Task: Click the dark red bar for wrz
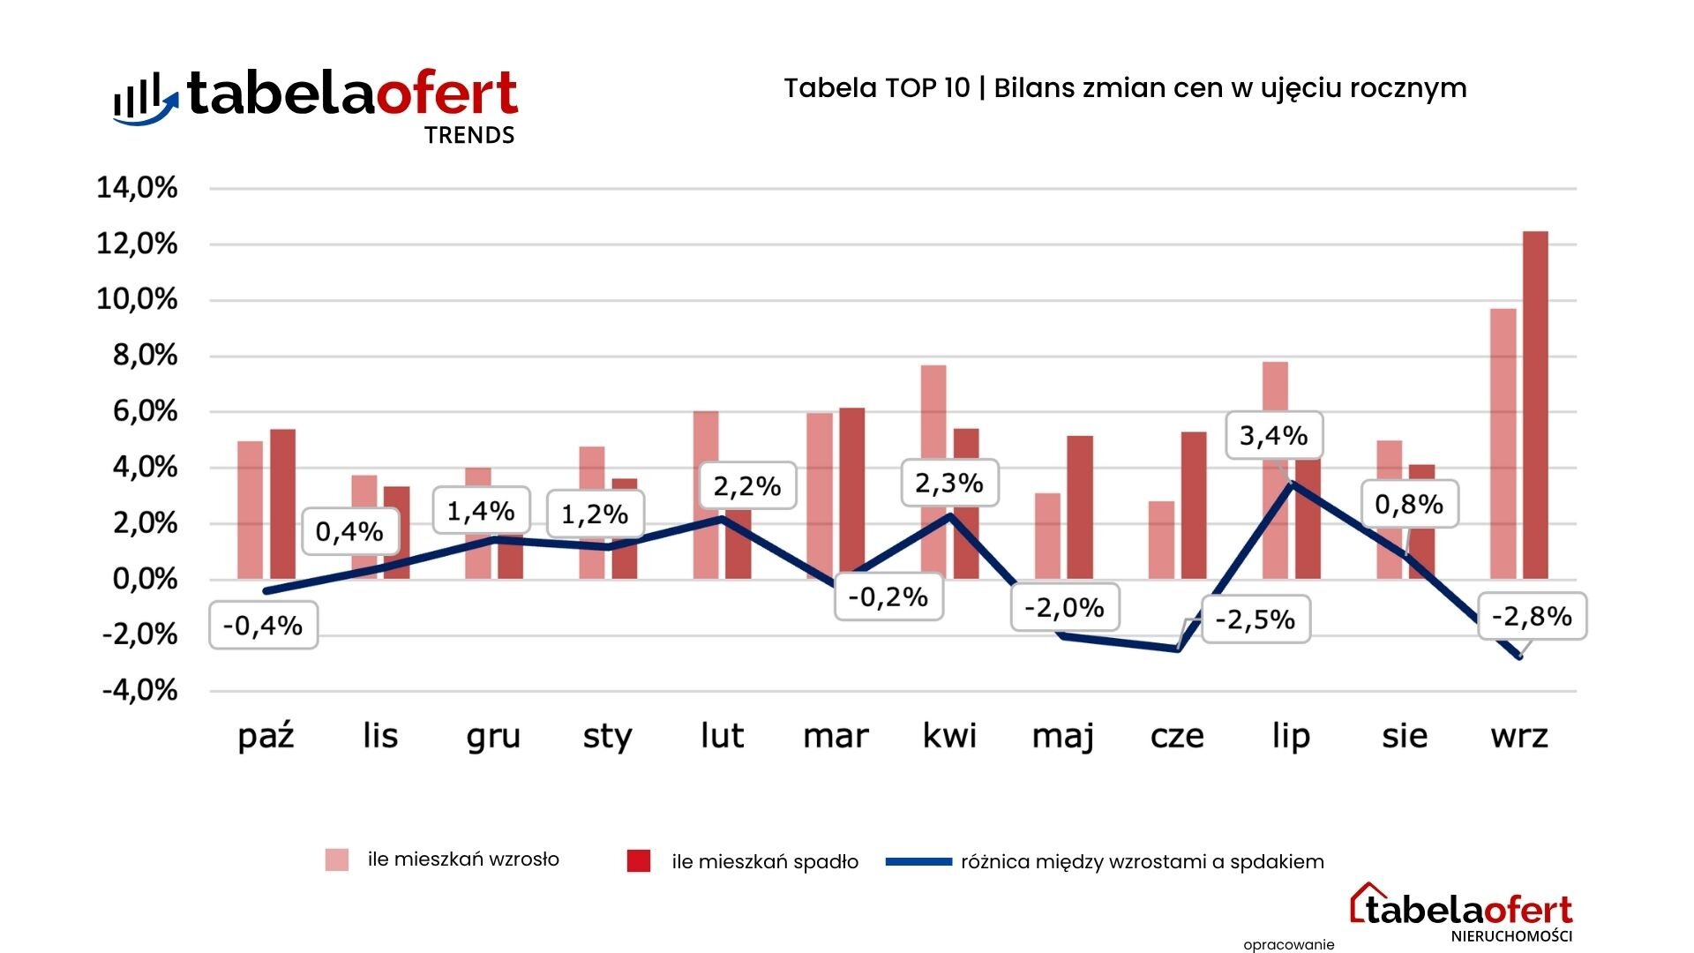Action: coord(1535,405)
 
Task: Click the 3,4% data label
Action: coord(1273,435)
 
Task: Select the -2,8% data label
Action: coord(1531,616)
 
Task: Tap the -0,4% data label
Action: coord(263,626)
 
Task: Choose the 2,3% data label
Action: coord(949,483)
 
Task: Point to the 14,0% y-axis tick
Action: coord(138,188)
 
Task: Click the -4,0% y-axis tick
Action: coord(139,690)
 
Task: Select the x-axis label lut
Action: coord(722,735)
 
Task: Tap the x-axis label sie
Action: coord(1405,735)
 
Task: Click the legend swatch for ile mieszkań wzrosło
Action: coord(336,859)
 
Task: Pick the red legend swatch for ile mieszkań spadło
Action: coord(638,861)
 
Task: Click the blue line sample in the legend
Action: coord(918,861)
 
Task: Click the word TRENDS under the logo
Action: coord(469,135)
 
